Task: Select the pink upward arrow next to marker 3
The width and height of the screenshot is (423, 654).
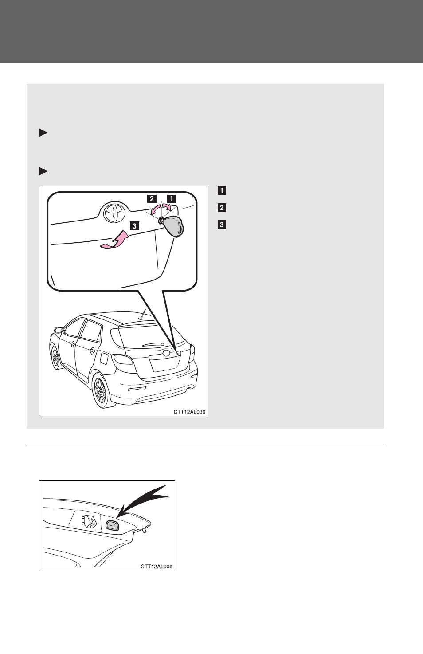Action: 114,240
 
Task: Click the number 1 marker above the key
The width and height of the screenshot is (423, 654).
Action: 171,198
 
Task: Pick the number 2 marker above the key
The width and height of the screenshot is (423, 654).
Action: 152,198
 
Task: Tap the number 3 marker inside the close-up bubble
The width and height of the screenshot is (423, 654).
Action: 134,226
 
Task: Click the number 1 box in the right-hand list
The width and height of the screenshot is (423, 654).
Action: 222,191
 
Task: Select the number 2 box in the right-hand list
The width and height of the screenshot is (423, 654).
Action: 222,208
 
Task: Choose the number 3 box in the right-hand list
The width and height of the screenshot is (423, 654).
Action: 222,225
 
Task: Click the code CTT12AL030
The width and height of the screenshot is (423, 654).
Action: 189,412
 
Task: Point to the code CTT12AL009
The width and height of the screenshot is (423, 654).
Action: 157,567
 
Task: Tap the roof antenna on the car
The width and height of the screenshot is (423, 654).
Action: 142,315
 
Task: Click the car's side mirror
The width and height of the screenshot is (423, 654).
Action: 59,330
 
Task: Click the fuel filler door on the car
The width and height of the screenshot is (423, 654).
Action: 103,358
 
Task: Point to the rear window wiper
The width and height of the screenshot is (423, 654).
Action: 153,345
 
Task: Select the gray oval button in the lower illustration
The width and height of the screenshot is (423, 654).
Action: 112,525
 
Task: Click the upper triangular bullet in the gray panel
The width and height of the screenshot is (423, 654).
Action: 43,133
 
